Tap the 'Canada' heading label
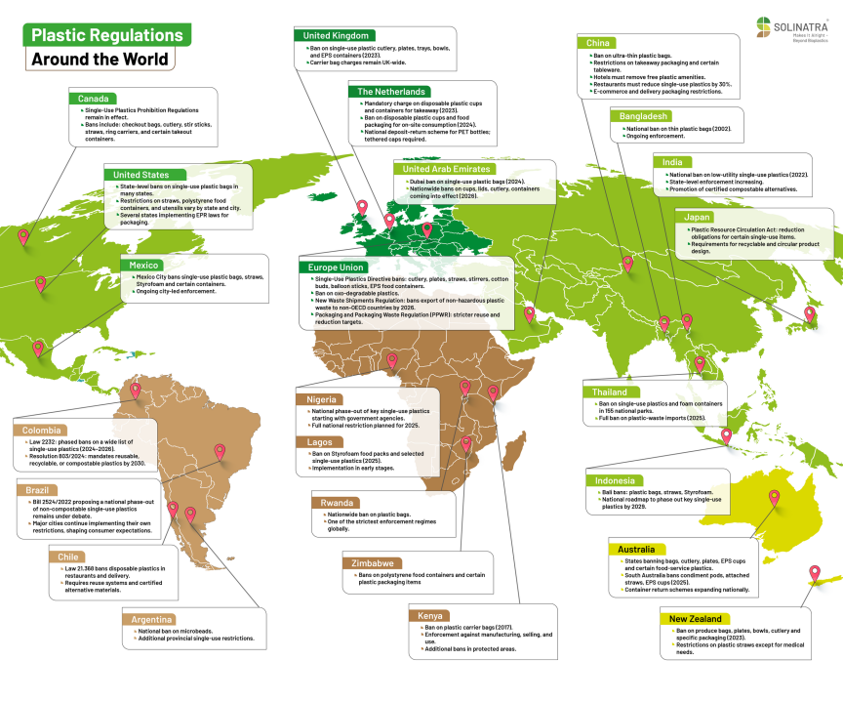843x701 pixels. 94,99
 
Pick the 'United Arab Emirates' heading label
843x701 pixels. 438,169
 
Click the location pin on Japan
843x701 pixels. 809,314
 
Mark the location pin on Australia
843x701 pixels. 774,497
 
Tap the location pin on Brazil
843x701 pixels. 220,452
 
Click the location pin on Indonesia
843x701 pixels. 726,436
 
